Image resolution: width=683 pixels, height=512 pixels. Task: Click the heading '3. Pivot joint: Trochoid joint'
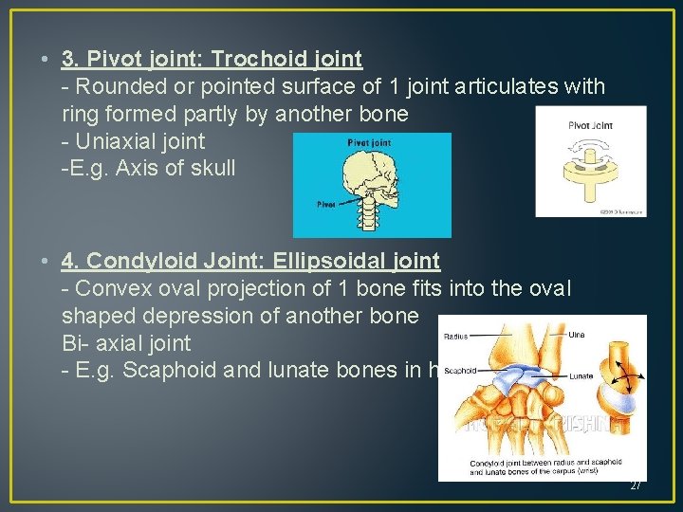212,59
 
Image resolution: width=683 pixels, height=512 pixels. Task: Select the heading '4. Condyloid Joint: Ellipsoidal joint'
250,260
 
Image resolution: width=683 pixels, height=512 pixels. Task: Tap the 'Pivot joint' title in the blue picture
368,142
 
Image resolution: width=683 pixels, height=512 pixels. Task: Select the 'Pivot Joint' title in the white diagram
591,124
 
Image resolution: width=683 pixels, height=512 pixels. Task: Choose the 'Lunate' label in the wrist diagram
581,376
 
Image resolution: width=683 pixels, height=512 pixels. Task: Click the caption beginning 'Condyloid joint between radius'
535,466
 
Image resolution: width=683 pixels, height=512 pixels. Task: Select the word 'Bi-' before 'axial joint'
76,342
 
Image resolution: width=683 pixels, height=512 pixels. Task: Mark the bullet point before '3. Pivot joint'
46,60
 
